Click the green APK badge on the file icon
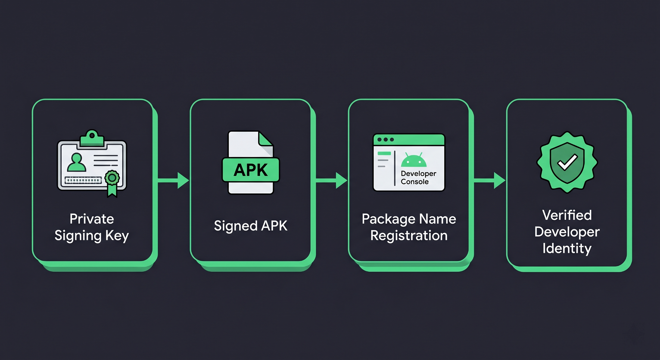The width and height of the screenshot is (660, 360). click(x=251, y=170)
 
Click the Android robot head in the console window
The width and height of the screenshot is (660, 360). click(x=413, y=160)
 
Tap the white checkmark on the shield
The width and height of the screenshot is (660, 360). click(x=568, y=162)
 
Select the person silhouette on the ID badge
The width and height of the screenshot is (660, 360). click(x=76, y=162)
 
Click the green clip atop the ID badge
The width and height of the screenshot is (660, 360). click(x=92, y=139)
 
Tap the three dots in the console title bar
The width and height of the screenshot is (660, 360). click(x=385, y=140)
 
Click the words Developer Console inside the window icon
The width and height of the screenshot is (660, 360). click(x=418, y=178)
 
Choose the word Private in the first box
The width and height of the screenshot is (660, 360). click(x=92, y=219)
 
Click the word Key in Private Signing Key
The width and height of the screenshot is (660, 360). click(x=117, y=236)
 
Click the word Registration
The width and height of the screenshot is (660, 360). click(x=409, y=236)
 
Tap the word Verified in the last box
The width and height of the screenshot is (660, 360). click(x=567, y=215)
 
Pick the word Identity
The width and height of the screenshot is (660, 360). click(x=567, y=248)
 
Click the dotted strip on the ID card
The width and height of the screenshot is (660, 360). click(x=83, y=180)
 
